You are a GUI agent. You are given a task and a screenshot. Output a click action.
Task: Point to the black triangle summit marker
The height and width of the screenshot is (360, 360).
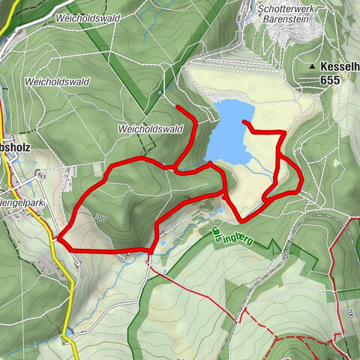point(312,67)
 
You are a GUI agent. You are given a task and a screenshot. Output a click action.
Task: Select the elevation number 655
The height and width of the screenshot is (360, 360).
point(328,79)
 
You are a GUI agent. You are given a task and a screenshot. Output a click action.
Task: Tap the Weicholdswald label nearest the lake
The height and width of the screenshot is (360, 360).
point(151,129)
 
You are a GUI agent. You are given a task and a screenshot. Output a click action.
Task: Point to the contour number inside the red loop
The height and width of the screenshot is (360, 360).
point(100,218)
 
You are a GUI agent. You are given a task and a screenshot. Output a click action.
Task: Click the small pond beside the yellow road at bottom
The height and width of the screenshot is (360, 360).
point(69,330)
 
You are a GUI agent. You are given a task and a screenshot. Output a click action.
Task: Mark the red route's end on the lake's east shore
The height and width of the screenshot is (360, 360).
point(244,121)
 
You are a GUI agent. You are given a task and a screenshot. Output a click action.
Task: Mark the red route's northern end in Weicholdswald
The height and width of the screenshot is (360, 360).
point(177,107)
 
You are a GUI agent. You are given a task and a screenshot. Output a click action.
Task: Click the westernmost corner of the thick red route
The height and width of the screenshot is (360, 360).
point(58,239)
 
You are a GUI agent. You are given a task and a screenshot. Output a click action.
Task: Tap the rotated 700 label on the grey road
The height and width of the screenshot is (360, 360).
point(286,256)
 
